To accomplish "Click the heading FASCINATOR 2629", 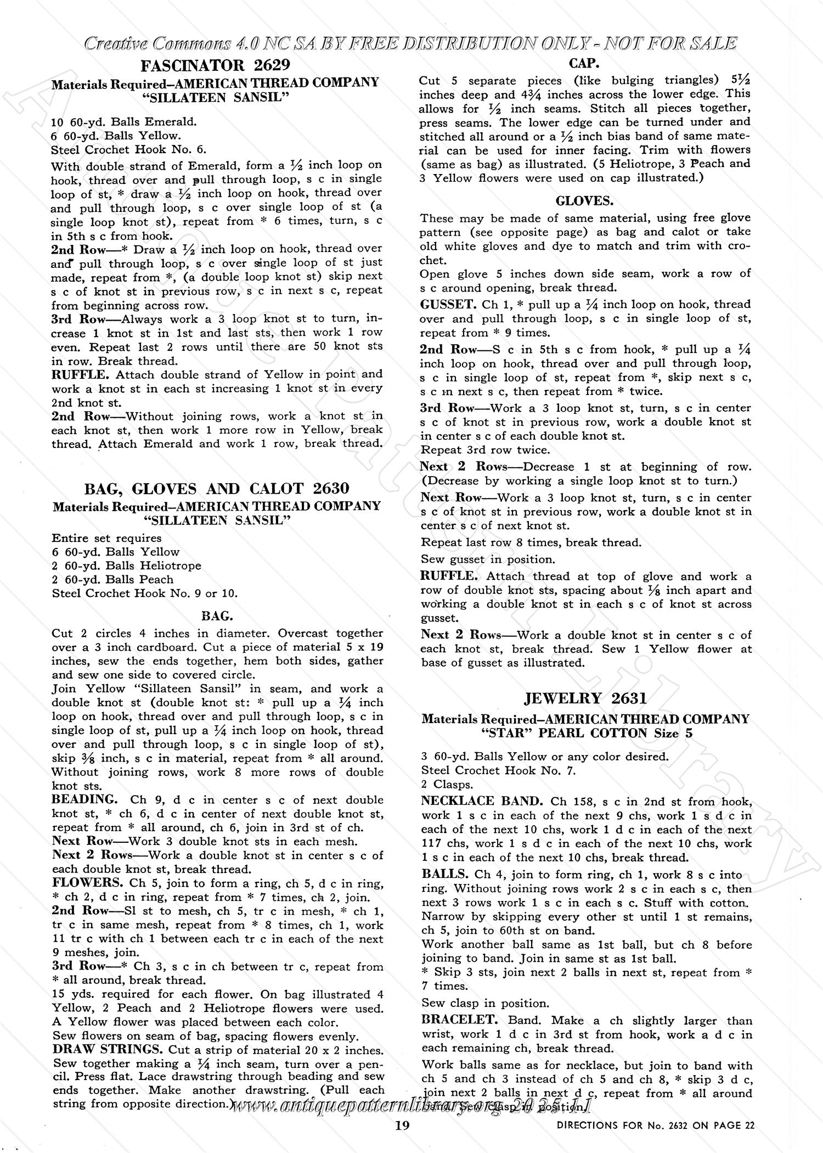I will coord(215,66).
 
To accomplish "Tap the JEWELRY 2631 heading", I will coord(585,698).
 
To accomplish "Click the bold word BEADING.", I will coord(84,799).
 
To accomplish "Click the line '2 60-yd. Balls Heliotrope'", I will coord(126,566).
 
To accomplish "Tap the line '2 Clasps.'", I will coord(447,784).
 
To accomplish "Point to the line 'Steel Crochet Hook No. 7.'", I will coord(498,770).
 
